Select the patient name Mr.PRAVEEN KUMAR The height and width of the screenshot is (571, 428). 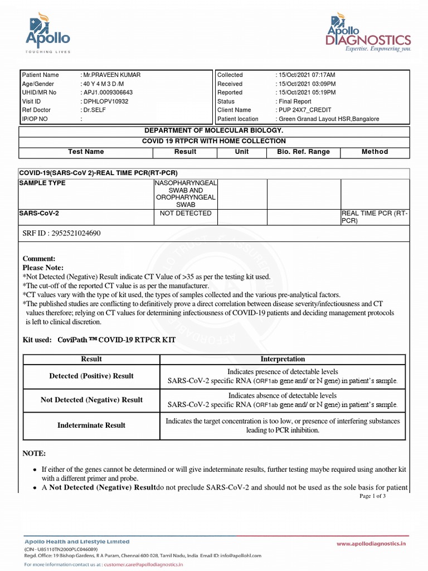coord(111,75)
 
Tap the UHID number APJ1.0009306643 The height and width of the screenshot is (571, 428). coord(108,93)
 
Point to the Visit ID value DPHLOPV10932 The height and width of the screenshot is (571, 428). coord(106,101)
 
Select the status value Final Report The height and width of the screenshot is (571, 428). coord(295,101)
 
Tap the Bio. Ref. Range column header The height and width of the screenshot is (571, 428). coord(303,152)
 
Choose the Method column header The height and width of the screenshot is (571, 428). coord(374,152)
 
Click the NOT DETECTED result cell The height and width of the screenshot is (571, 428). coord(186,214)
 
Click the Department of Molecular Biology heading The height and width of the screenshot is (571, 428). coord(214,130)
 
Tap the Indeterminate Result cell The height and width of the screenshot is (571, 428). coord(91,425)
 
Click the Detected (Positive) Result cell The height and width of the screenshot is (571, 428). coord(91,376)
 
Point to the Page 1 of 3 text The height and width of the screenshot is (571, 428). coord(373,496)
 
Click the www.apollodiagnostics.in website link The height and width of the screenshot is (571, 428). coord(371,543)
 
